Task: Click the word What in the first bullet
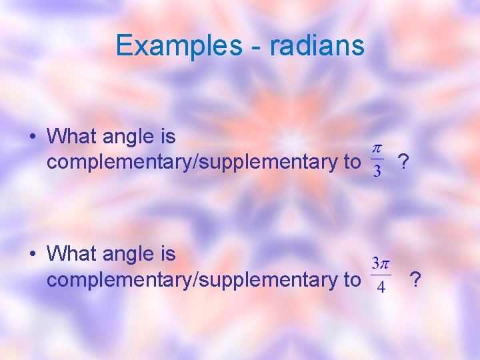click(x=72, y=137)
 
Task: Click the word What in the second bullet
click(x=72, y=253)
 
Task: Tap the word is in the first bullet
click(x=168, y=137)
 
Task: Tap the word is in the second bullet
click(x=168, y=253)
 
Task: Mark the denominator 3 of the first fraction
click(x=377, y=172)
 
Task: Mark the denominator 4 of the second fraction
click(x=380, y=288)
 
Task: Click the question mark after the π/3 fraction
click(x=403, y=161)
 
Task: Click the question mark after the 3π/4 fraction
click(x=415, y=279)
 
